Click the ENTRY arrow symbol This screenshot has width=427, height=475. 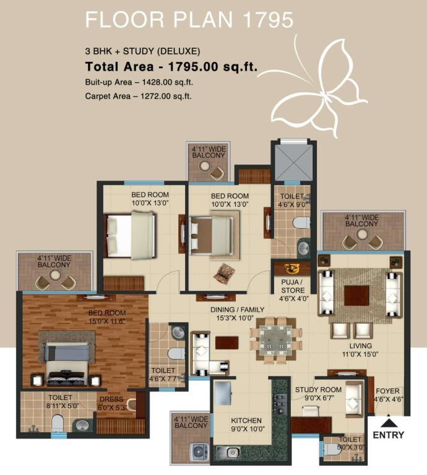point(388,422)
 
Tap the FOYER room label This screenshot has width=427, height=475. point(387,391)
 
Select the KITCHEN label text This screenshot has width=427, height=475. point(246,421)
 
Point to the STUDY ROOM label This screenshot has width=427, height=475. point(318,390)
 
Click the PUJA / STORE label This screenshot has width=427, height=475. point(292,286)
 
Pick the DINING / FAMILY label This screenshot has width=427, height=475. point(237,310)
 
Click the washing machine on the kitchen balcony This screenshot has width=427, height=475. point(199,452)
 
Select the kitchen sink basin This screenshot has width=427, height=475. point(233,452)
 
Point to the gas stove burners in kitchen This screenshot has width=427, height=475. point(280,404)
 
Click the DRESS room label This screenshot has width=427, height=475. point(111,400)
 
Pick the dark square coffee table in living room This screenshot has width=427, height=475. point(356,296)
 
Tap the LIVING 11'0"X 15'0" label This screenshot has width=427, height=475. point(360,350)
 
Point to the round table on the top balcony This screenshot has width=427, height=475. point(205,165)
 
